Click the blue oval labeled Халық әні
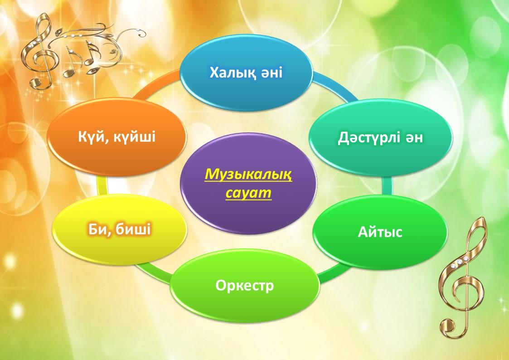point(247,73)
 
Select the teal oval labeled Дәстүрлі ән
point(380,138)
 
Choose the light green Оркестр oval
point(245,286)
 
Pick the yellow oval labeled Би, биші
point(120,229)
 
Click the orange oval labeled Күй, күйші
point(117,136)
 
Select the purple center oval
point(248,184)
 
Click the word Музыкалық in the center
point(248,174)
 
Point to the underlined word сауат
point(248,193)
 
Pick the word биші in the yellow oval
point(135,229)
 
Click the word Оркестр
point(245,286)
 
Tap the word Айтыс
point(380,232)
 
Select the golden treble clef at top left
point(41,52)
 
